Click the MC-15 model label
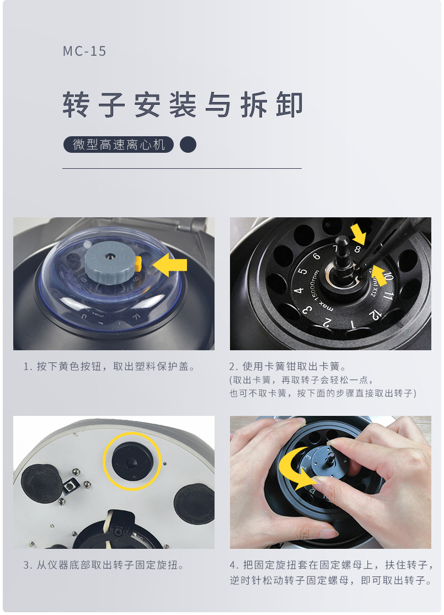click(84, 51)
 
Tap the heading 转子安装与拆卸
click(183, 105)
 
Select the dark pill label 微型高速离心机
click(119, 145)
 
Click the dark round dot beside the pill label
click(188, 145)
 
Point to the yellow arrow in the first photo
click(170, 265)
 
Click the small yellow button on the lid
click(138, 264)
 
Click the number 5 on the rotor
click(302, 271)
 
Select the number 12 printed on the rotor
click(375, 314)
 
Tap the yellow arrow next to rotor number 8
click(359, 234)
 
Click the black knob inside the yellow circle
click(132, 461)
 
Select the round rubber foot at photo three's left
click(41, 483)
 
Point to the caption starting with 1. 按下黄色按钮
click(109, 367)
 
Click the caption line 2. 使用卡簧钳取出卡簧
click(288, 367)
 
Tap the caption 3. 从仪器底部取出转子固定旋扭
click(104, 565)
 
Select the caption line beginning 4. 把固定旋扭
click(331, 565)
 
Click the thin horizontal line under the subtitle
click(182, 169)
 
